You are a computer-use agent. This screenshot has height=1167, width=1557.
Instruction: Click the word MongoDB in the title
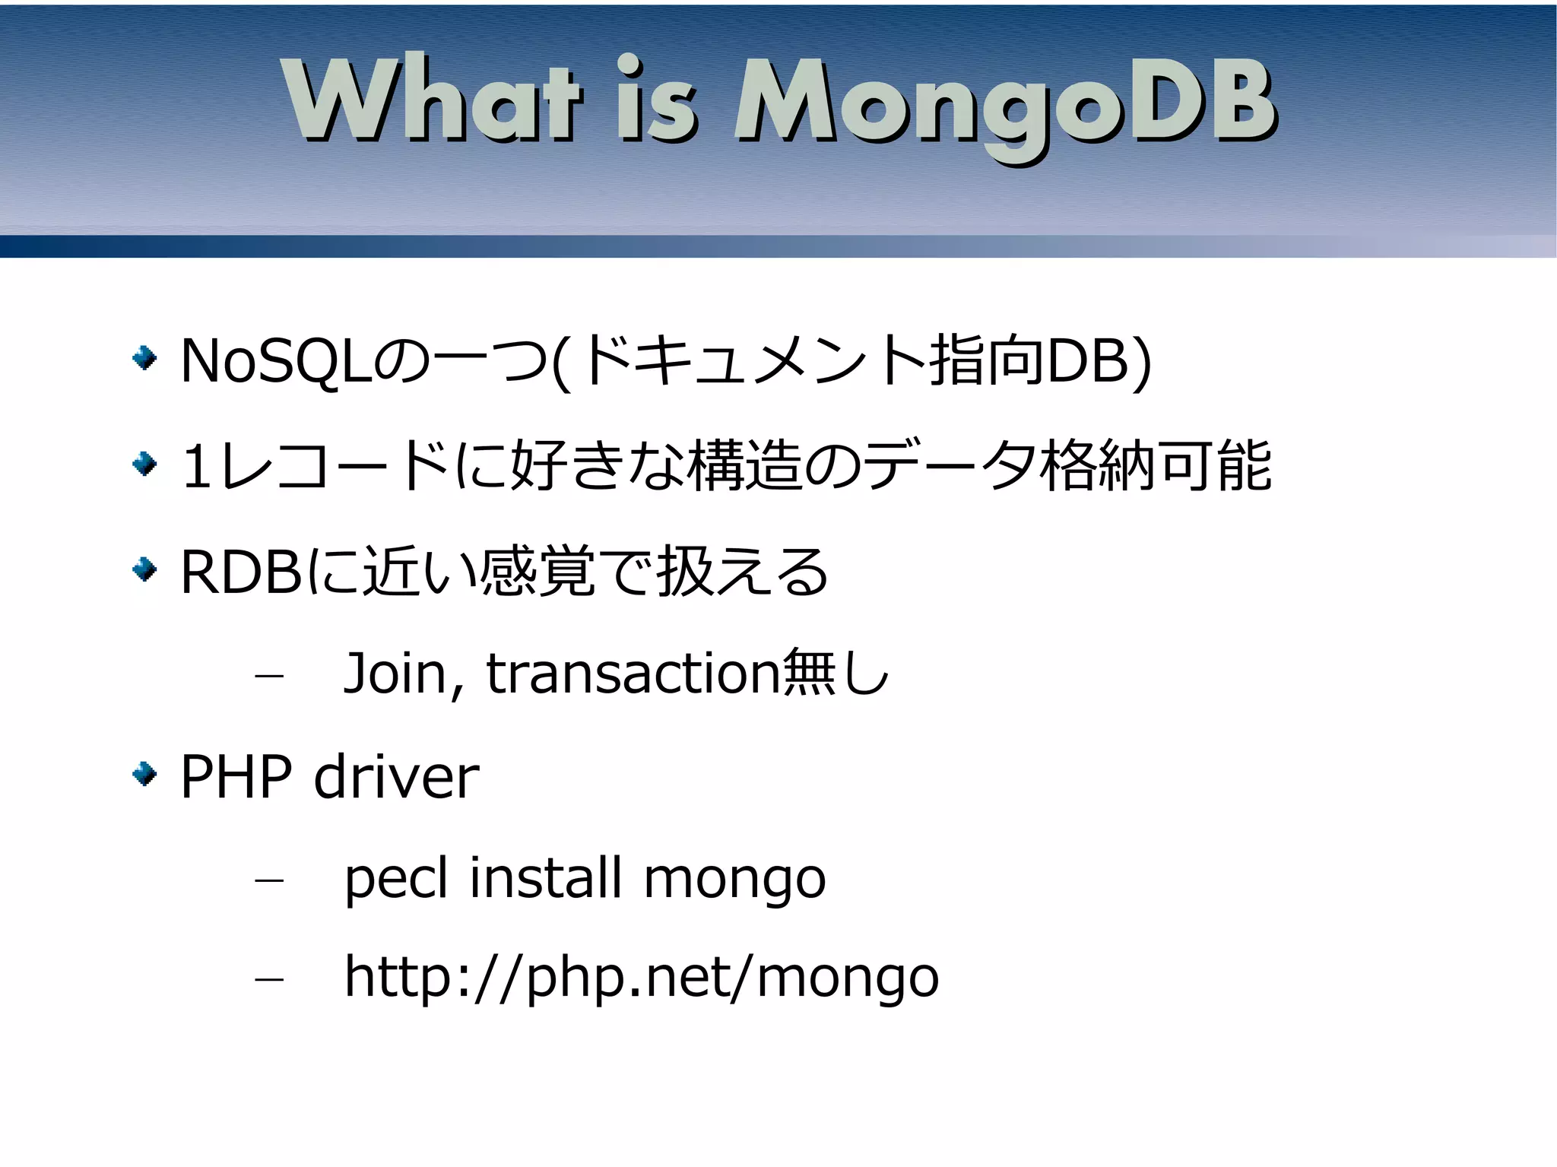1004,103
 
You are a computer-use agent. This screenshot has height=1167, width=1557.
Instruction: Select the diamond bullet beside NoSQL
144,357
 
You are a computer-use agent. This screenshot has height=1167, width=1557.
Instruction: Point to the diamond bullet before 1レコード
144,463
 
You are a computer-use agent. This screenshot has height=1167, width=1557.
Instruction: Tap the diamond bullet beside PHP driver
144,775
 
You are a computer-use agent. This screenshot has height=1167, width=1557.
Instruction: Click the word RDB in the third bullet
242,572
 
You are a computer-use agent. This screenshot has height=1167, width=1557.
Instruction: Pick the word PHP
236,777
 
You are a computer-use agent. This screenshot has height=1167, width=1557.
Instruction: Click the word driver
396,777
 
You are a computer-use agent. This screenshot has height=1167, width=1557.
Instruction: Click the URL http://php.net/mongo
641,978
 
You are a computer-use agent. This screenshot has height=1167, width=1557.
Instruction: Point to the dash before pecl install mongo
269,880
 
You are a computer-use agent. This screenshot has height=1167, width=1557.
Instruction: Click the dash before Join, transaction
269,675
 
